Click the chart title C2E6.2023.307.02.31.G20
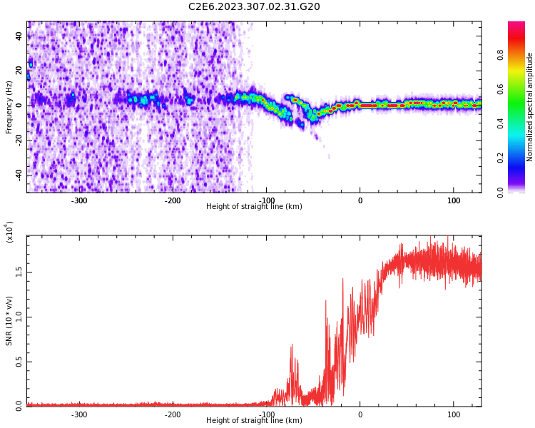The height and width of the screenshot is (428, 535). [x=254, y=7]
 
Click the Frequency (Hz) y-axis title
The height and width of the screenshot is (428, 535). [x=9, y=106]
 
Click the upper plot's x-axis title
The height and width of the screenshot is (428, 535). [x=254, y=207]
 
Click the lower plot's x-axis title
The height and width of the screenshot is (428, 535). [x=254, y=421]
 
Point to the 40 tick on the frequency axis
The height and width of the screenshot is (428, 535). [x=19, y=36]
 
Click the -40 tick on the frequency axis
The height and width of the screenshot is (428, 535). [x=18, y=175]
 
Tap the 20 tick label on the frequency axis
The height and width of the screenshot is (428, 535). [x=19, y=71]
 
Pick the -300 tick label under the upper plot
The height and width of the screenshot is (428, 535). [x=79, y=200]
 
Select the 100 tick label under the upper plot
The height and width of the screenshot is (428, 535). [x=454, y=200]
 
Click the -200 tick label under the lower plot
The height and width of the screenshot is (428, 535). [x=173, y=414]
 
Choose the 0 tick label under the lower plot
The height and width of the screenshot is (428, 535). [x=360, y=414]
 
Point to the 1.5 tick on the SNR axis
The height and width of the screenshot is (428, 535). [x=19, y=272]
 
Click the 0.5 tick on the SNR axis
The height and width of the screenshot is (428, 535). [x=19, y=362]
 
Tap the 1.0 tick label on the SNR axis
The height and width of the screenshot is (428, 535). [x=19, y=317]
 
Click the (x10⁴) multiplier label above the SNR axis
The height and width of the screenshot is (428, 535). [x=9, y=232]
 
